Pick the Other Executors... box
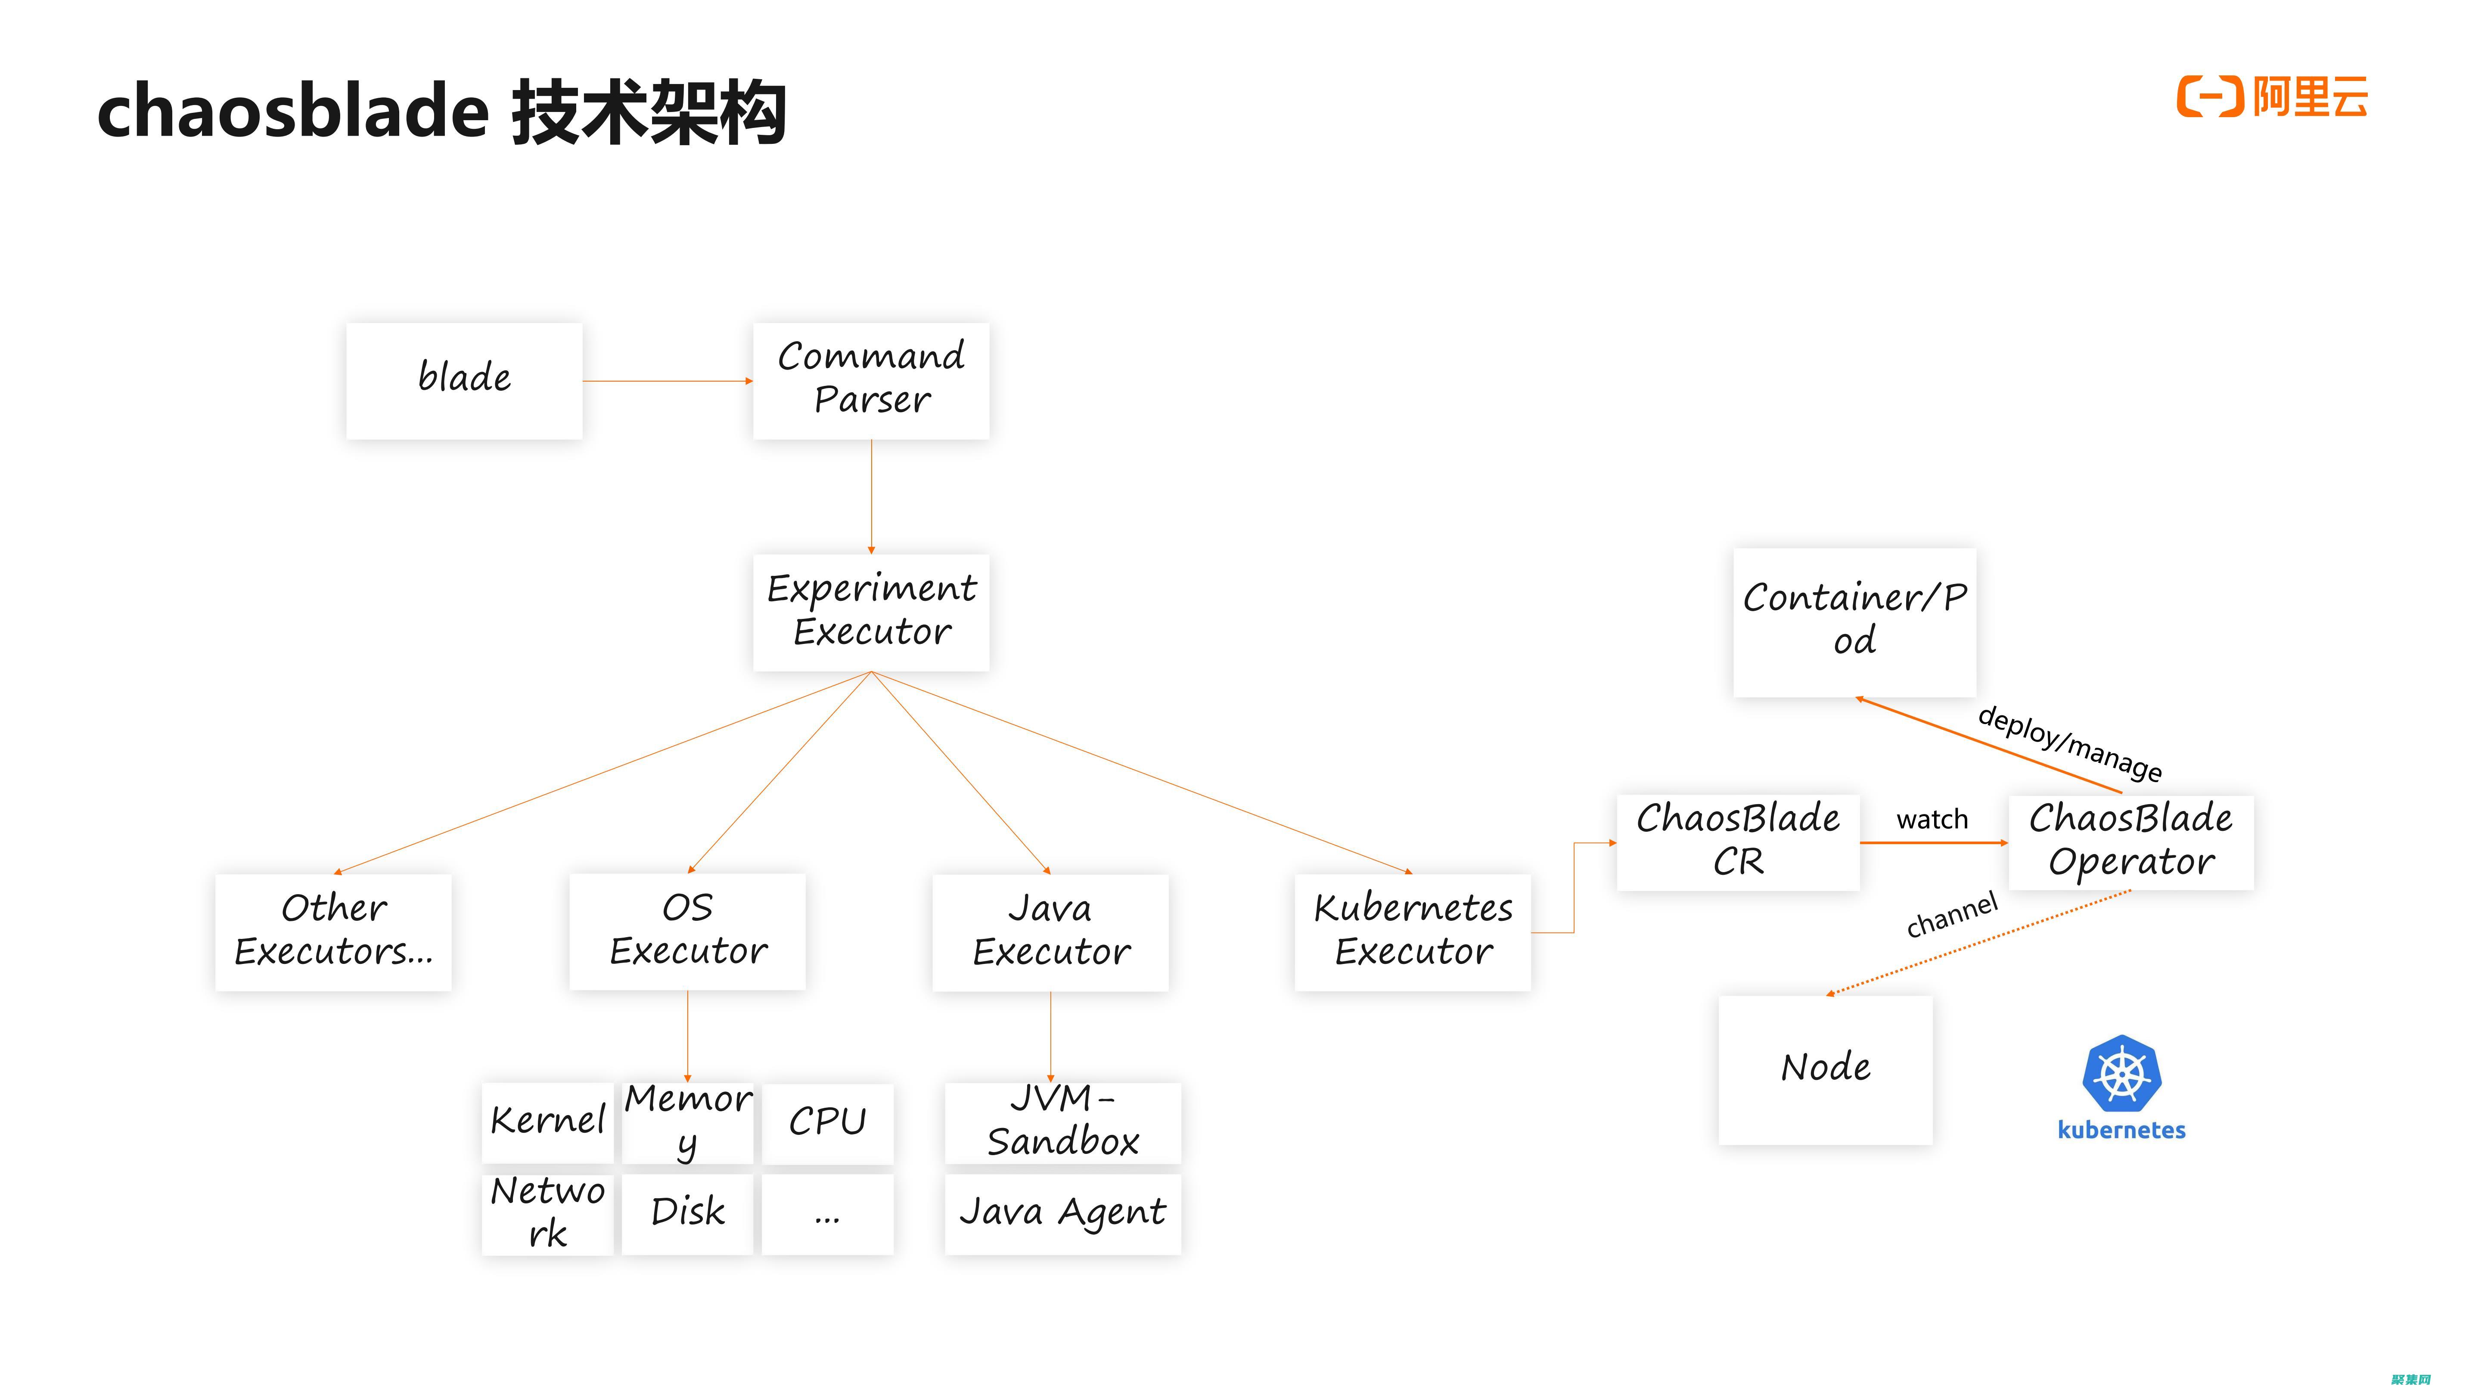[333, 932]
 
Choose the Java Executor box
[1050, 932]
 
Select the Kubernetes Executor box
[1413, 932]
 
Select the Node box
[1825, 1069]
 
